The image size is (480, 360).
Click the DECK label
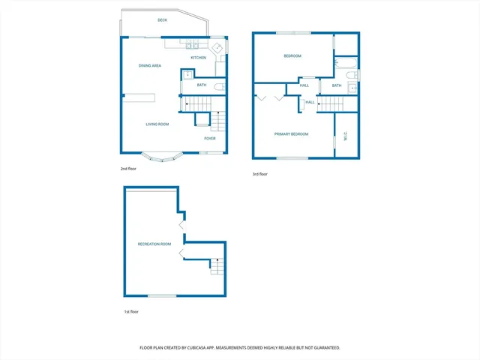(x=162, y=20)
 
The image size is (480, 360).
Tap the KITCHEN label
(x=198, y=58)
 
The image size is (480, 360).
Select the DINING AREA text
(x=150, y=66)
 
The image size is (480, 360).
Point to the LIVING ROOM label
(x=157, y=124)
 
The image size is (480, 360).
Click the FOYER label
(x=210, y=139)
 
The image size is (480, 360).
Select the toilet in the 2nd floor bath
(x=218, y=87)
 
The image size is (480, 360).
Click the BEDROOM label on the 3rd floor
(x=292, y=56)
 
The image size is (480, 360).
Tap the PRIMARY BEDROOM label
(x=292, y=134)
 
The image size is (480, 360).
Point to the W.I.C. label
(x=345, y=136)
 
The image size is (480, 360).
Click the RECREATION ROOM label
(x=154, y=244)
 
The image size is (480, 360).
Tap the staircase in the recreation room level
(x=217, y=265)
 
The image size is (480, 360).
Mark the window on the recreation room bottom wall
(x=166, y=295)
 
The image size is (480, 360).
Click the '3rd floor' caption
(x=259, y=174)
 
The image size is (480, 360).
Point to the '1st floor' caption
(x=130, y=311)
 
